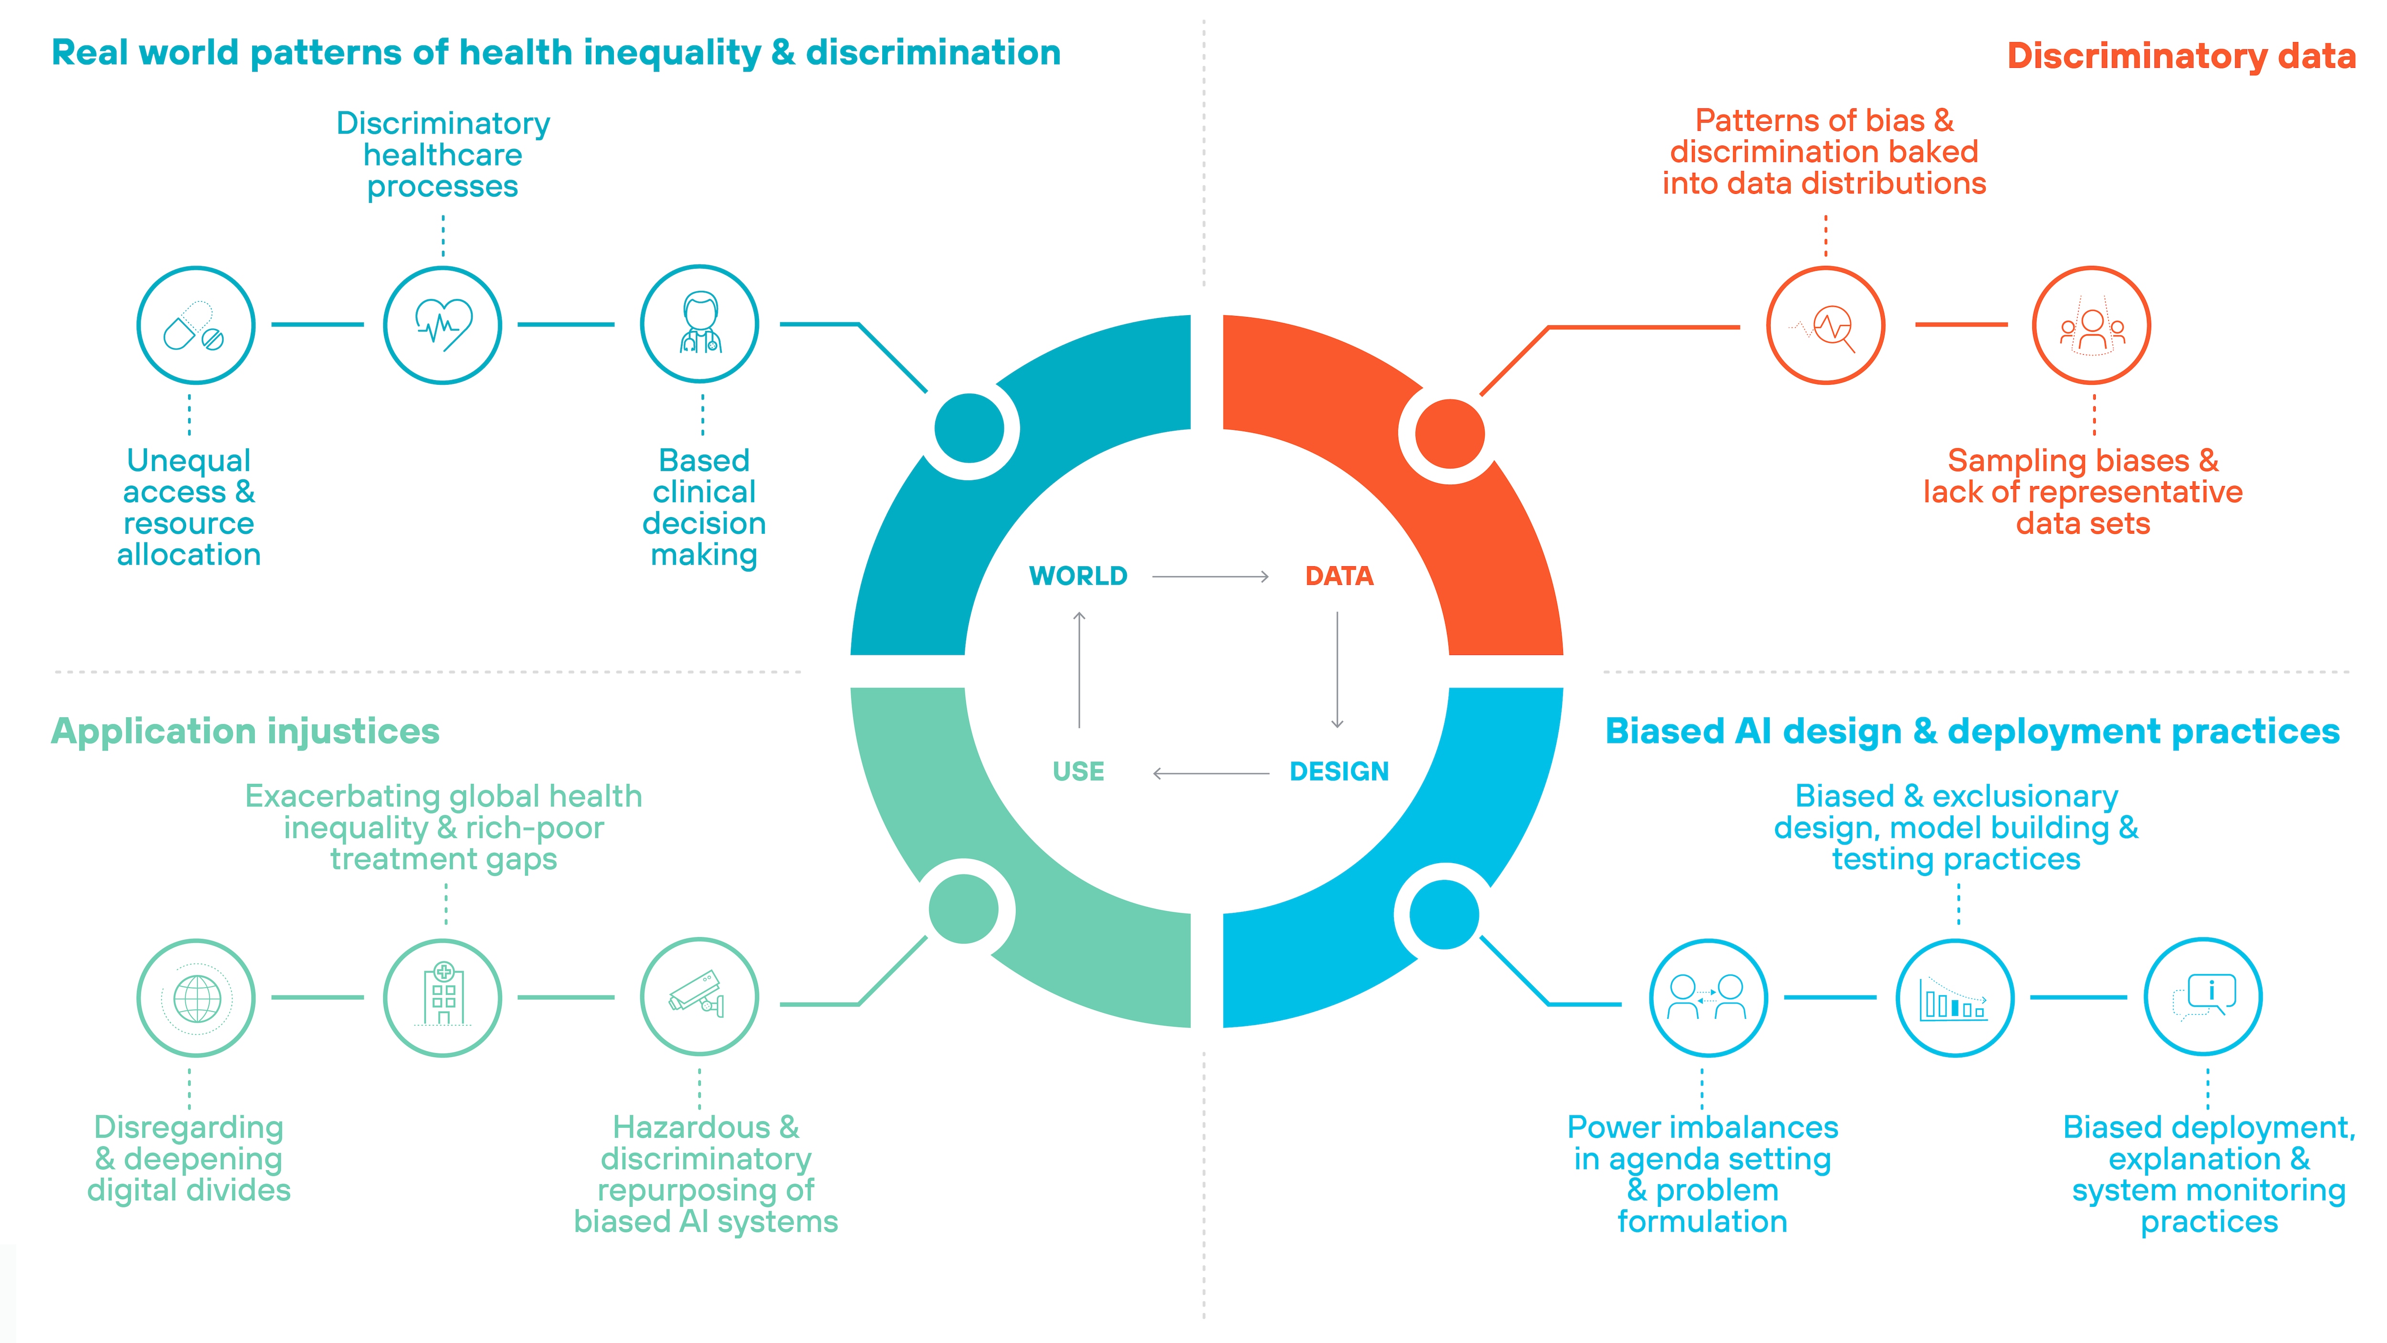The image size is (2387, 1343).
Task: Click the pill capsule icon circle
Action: tap(196, 325)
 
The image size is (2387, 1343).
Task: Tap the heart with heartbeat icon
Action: tap(443, 325)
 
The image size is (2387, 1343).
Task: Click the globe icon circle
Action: tap(196, 998)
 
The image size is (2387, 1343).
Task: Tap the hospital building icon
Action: tap(443, 998)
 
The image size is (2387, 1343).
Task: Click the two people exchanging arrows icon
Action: tap(1708, 998)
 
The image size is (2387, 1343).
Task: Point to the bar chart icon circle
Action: tap(1955, 998)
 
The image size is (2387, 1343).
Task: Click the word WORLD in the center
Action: tap(1077, 577)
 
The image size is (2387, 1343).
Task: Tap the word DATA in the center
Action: tap(1339, 577)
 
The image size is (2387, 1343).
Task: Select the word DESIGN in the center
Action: tap(1339, 772)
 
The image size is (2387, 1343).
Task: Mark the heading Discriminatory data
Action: tap(2180, 55)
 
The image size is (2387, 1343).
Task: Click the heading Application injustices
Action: tap(245, 731)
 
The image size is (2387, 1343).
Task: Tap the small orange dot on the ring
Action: tap(1450, 434)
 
